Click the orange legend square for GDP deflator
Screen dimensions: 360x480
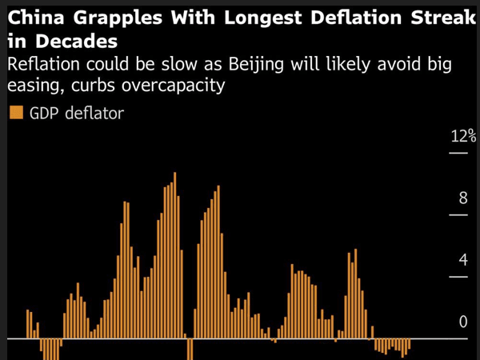coord(15,113)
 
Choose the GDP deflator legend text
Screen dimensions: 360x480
coord(77,114)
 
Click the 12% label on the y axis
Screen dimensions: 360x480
coord(462,134)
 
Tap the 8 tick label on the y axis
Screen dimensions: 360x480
coord(462,197)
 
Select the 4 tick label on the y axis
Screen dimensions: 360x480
coord(462,260)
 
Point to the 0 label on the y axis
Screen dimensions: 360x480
coord(462,322)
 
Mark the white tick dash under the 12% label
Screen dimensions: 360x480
coord(458,151)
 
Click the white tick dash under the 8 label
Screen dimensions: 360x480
coord(458,214)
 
